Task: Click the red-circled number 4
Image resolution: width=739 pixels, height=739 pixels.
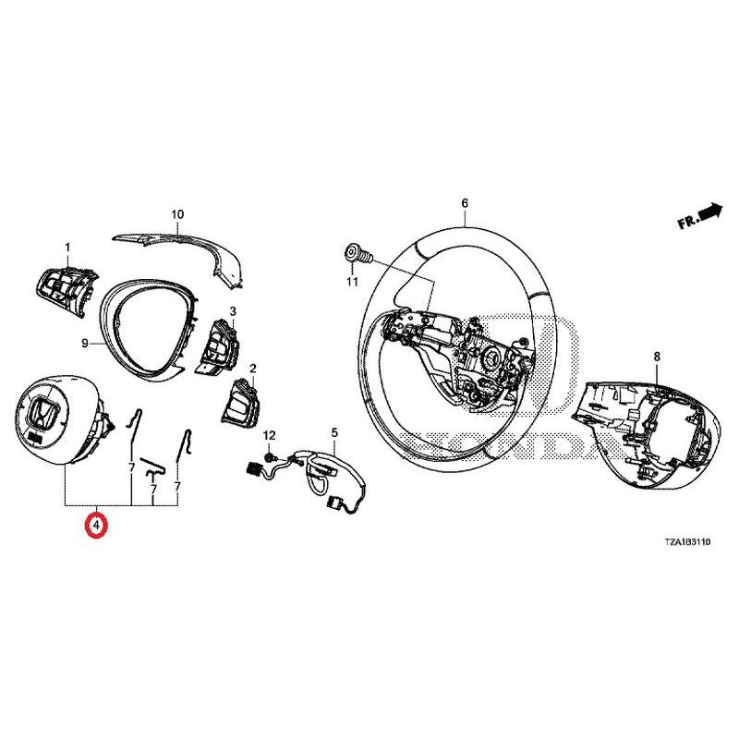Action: [x=96, y=525]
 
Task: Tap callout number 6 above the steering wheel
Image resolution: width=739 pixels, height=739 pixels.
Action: [x=465, y=203]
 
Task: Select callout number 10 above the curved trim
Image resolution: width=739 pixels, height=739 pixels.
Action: [x=177, y=214]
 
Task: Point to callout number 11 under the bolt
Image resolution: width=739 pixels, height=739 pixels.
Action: [x=353, y=282]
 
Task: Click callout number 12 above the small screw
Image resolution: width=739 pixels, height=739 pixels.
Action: [x=269, y=435]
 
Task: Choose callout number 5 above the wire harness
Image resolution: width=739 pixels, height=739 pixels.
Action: [x=334, y=432]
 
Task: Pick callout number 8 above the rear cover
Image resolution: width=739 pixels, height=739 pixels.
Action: [x=657, y=357]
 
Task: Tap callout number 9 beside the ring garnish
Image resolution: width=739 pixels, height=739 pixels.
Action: [x=85, y=344]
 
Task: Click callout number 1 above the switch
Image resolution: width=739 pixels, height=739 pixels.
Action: [x=67, y=248]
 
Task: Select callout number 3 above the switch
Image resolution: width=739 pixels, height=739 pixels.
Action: [x=233, y=311]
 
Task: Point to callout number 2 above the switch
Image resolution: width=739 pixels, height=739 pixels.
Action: [x=253, y=368]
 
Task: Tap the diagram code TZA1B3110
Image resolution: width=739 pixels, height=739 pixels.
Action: [x=687, y=542]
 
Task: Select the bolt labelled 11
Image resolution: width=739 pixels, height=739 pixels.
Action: [x=358, y=255]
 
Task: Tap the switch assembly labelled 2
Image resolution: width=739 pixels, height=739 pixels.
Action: [x=239, y=401]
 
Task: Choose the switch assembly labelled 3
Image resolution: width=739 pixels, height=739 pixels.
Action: [x=219, y=347]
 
